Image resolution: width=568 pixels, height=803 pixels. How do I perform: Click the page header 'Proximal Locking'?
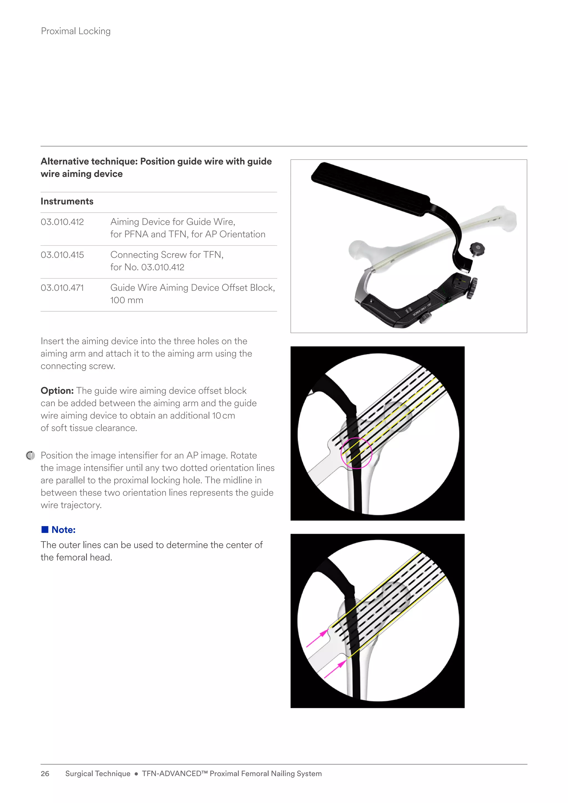(x=75, y=31)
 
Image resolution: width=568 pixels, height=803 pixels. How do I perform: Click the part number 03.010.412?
(x=62, y=222)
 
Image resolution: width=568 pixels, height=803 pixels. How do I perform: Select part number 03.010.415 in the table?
(x=62, y=255)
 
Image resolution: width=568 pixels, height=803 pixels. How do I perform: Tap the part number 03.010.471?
(x=62, y=288)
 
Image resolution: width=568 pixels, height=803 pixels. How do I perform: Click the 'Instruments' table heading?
(x=67, y=202)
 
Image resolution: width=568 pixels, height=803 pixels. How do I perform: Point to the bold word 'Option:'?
(x=57, y=391)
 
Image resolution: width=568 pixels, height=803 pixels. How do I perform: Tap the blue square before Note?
(x=45, y=530)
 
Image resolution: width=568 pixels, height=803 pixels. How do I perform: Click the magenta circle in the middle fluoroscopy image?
(x=356, y=453)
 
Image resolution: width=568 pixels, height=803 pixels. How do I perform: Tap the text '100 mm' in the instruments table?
(x=127, y=300)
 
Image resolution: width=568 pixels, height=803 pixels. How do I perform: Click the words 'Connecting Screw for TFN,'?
(x=167, y=255)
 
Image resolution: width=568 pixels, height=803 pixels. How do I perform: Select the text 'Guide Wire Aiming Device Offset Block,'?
(x=192, y=288)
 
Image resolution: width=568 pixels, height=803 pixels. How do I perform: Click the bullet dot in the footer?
(x=136, y=774)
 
